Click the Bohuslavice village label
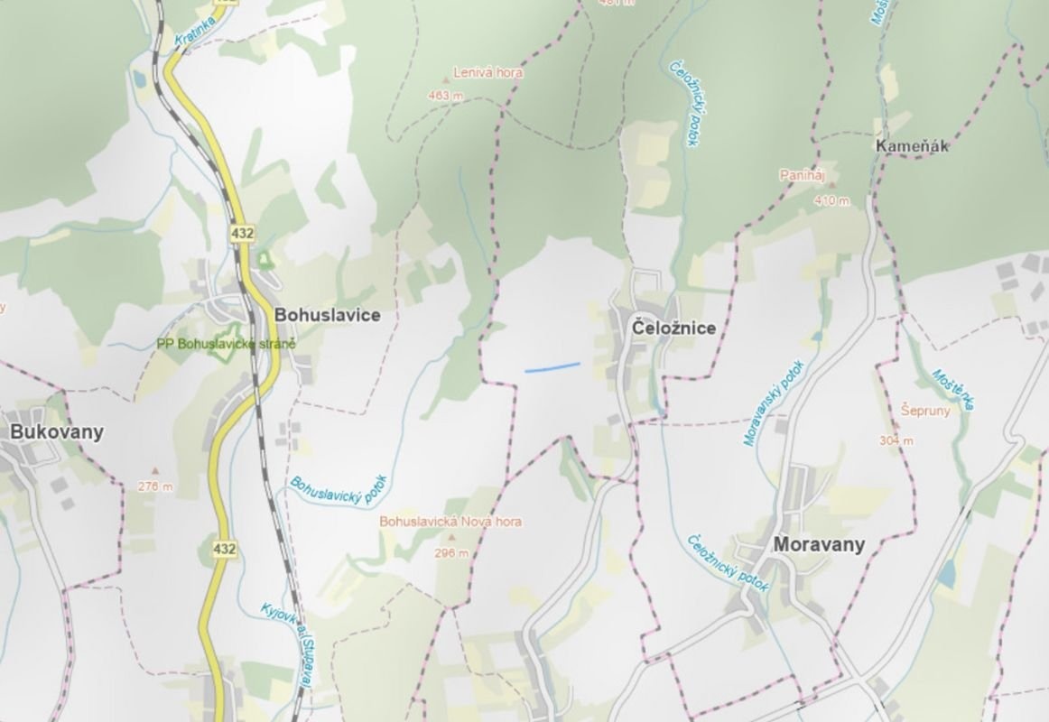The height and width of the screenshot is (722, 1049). (327, 315)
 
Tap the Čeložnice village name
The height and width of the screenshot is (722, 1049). (673, 328)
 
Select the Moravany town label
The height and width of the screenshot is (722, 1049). (818, 544)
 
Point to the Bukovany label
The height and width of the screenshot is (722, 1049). (56, 431)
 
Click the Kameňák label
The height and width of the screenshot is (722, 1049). (912, 146)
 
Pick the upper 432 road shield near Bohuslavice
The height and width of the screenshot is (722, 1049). (242, 234)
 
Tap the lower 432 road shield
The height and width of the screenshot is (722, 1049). (226, 548)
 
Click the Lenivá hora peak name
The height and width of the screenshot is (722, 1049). (487, 73)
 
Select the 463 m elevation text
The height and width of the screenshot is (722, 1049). (446, 96)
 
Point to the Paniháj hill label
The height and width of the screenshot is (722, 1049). (803, 177)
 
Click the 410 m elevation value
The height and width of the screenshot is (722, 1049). (831, 201)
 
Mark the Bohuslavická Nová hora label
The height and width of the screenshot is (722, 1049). (450, 522)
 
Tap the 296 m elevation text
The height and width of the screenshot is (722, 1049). (451, 553)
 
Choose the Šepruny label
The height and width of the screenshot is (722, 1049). (925, 410)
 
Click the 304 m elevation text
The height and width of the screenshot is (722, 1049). (896, 440)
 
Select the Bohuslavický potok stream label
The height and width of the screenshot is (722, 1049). (338, 490)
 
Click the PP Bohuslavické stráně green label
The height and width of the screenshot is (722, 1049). (226, 344)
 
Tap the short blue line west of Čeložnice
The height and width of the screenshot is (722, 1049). (552, 366)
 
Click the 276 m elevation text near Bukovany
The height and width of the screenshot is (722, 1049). (155, 486)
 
